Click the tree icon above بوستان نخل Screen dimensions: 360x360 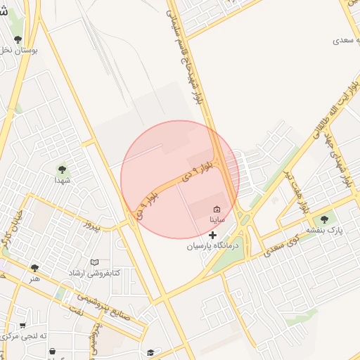click(18, 39)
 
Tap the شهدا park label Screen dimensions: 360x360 click(62, 180)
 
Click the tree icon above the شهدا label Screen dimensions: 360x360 click(62, 169)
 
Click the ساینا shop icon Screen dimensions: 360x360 click(216, 209)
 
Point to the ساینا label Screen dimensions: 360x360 click(217, 219)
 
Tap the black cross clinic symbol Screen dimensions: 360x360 click(213, 235)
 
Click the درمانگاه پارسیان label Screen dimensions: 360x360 click(213, 246)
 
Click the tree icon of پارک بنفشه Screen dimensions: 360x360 click(324, 220)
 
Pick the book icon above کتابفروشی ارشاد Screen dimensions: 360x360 click(95, 262)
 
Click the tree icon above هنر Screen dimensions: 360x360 click(34, 268)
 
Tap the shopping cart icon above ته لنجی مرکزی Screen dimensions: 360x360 click(22, 326)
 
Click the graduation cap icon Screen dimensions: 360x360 click(150, 352)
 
